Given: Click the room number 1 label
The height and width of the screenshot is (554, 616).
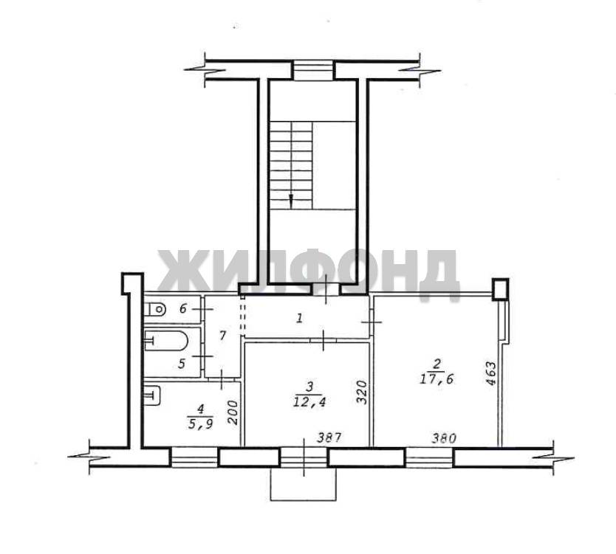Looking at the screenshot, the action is (x=300, y=318).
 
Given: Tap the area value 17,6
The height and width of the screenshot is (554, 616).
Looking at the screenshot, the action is (x=437, y=379).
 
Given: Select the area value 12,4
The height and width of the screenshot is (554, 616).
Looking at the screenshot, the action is (x=310, y=402).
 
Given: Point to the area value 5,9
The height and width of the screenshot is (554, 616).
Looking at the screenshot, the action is (x=200, y=424).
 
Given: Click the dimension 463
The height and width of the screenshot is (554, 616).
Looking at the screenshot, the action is (x=491, y=374).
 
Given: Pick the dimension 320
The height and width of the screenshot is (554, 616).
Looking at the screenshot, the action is (x=361, y=392).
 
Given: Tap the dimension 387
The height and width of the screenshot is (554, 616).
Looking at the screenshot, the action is (x=330, y=437).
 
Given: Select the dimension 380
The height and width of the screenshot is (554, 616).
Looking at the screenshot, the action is (x=444, y=438).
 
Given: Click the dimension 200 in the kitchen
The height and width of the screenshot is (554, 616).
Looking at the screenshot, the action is (x=233, y=412).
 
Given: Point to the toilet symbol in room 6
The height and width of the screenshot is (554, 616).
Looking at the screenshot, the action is (x=155, y=310).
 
